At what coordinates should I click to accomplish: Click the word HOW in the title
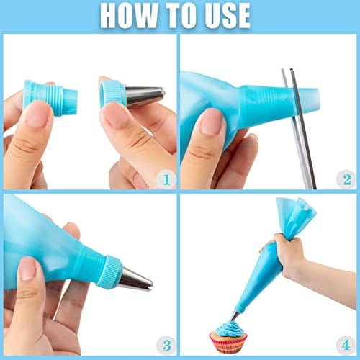coord(129,15)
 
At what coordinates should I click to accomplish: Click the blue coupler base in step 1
coord(50,97)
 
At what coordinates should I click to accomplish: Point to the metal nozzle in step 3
coord(133,278)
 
